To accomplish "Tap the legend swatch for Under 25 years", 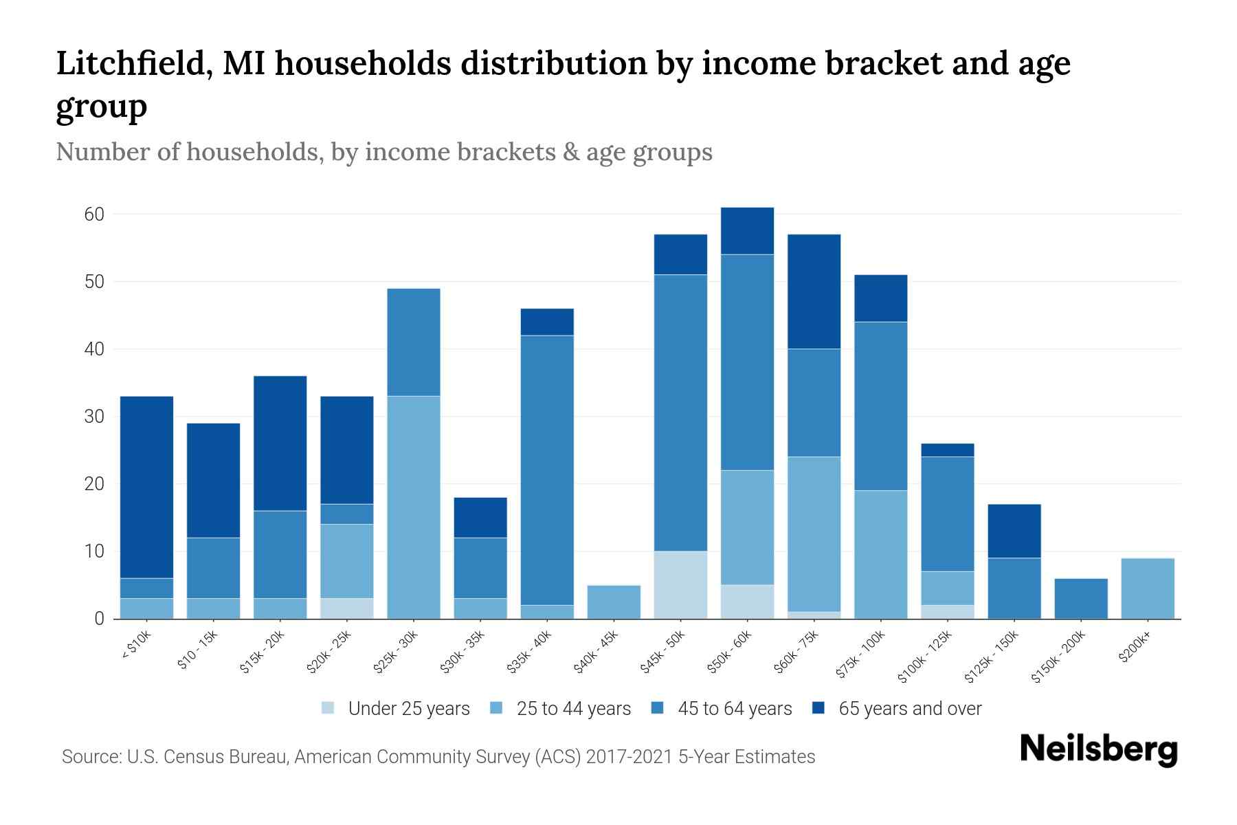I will (328, 708).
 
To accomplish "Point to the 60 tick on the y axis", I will (94, 214).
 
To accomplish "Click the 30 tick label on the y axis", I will (94, 417).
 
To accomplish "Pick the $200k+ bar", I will (1148, 588).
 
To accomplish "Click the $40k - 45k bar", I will (614, 602).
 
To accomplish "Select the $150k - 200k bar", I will (1081, 599).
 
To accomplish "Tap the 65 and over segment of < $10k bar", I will (146, 487).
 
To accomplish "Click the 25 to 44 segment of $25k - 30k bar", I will (414, 507).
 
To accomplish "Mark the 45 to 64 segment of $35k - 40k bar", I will (548, 470).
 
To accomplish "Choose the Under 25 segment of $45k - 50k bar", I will (681, 585).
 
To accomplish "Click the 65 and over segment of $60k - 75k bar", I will (814, 291).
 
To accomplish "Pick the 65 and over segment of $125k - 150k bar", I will (1014, 531).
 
